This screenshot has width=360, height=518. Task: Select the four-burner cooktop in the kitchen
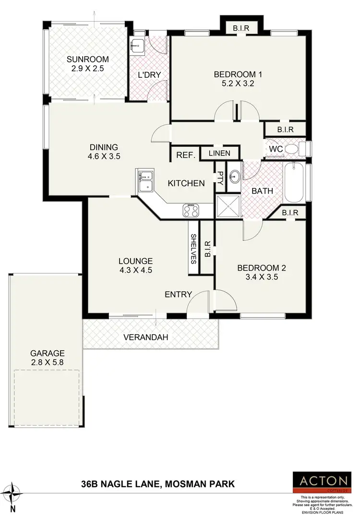pyautogui.click(x=191, y=210)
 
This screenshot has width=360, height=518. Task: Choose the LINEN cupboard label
pyautogui.click(x=219, y=153)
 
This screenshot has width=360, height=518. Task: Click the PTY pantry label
pyautogui.click(x=220, y=179)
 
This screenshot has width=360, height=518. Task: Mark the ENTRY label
pyautogui.click(x=178, y=294)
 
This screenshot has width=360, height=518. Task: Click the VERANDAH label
pyautogui.click(x=146, y=337)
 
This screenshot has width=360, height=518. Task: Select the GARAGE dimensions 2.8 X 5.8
pyautogui.click(x=47, y=362)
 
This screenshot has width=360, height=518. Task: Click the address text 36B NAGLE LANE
pyautogui.click(x=122, y=484)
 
